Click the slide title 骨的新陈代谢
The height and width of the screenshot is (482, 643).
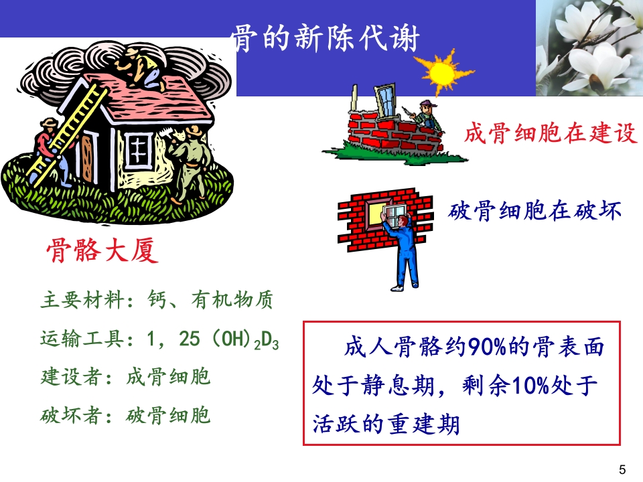pos(326,39)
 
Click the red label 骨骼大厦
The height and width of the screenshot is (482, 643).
pos(102,251)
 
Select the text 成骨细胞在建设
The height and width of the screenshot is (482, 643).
pos(549,133)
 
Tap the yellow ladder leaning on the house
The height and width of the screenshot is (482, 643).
pos(67,134)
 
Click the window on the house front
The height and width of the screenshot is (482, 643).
pos(139,148)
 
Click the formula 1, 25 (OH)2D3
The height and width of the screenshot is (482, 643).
pos(212,339)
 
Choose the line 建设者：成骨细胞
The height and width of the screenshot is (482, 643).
pos(125,377)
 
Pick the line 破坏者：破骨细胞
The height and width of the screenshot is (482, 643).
pos(125,416)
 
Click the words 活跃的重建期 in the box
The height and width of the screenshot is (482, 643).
pos(386,424)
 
